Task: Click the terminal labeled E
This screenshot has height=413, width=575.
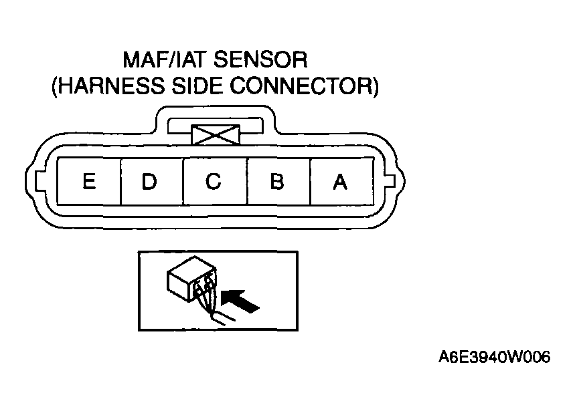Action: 88,181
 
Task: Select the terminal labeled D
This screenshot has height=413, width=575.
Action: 151,181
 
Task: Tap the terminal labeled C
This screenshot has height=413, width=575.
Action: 214,181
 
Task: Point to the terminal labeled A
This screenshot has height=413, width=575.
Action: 341,181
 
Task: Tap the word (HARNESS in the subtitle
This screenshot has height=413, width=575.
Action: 106,86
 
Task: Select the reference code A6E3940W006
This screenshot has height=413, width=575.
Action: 494,358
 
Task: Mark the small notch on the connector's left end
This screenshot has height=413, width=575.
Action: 37,182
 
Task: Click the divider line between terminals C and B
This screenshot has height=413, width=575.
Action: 247,181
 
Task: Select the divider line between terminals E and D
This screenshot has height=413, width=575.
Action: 120,181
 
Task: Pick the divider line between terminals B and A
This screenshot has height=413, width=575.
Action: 310,181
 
